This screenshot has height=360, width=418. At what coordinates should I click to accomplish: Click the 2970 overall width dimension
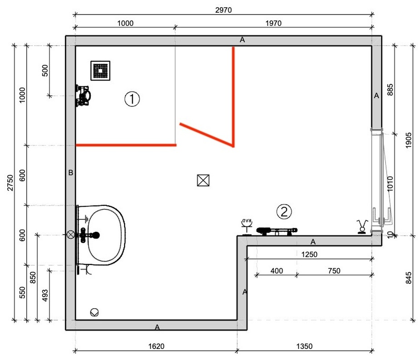pyautogui.click(x=224, y=10)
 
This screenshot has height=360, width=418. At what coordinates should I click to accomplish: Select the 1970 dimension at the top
pyautogui.click(x=273, y=24)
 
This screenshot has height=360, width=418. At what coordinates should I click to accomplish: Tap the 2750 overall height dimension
pyautogui.click(x=10, y=183)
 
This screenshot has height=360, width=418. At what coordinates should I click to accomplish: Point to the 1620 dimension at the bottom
pyautogui.click(x=156, y=346)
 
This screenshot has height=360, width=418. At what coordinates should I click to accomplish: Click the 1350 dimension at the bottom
pyautogui.click(x=304, y=346)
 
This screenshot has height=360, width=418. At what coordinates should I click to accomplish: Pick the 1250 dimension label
pyautogui.click(x=309, y=255)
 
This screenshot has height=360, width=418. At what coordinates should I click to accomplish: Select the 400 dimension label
pyautogui.click(x=276, y=271)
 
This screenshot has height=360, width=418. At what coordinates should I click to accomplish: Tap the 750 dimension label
pyautogui.click(x=334, y=271)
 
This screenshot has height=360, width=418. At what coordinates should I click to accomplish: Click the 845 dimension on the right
pyautogui.click(x=408, y=278)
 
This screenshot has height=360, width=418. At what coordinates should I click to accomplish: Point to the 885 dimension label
pyautogui.click(x=390, y=90)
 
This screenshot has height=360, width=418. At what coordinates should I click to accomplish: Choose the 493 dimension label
pyautogui.click(x=45, y=295)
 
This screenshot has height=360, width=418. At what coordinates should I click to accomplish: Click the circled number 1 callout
pyautogui.click(x=132, y=99)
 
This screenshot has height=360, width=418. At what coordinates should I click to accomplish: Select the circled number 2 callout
pyautogui.click(x=284, y=212)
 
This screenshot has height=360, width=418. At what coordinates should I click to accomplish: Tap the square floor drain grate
pyautogui.click(x=100, y=70)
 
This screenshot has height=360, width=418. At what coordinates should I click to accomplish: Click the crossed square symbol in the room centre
pyautogui.click(x=203, y=180)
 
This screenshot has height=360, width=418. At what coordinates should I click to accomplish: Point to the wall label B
pyautogui.click(x=70, y=173)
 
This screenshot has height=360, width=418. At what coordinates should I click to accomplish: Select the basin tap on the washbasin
pyautogui.click(x=88, y=235)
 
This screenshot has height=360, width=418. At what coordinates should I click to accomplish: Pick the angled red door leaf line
pyautogui.click(x=207, y=135)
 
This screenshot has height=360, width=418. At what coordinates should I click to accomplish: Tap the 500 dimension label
pyautogui.click(x=45, y=70)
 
